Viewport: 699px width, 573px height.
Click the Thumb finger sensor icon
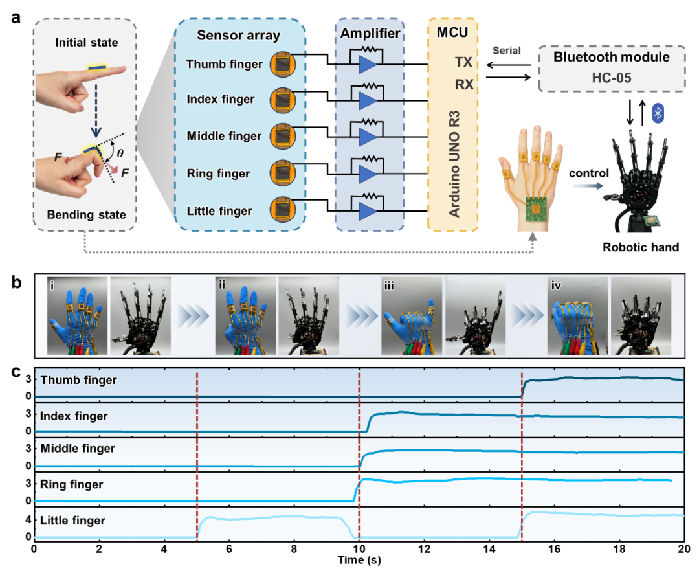283,64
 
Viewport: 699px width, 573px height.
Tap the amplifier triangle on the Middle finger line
368,137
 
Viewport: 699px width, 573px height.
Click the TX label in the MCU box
463,62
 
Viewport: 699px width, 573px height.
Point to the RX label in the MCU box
464,84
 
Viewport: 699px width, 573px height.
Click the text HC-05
612,78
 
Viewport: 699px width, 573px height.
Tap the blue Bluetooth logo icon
658,113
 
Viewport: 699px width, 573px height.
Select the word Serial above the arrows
506,51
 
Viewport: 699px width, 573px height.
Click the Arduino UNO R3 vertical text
454,164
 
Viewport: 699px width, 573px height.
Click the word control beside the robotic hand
589,173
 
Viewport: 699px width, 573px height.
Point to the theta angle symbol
120,153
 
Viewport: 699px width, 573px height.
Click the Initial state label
87,42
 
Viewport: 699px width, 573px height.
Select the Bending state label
86,214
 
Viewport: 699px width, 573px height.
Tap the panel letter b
16,282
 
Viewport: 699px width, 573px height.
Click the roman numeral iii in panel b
389,286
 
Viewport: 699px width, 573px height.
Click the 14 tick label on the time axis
489,549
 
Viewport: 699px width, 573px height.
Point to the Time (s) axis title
359,560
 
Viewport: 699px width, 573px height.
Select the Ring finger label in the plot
71,484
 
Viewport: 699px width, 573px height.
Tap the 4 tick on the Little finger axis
28,519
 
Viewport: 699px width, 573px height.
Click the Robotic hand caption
641,247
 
